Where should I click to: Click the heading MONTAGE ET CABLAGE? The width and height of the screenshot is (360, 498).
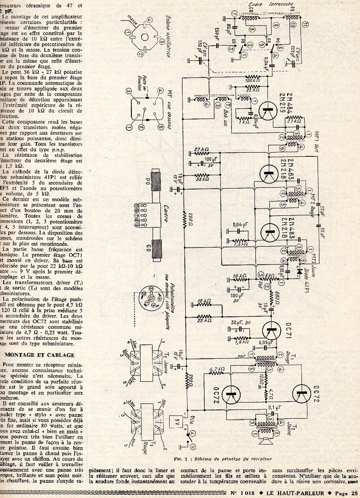[40, 355]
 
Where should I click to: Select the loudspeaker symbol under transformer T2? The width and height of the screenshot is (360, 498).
[266, 440]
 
